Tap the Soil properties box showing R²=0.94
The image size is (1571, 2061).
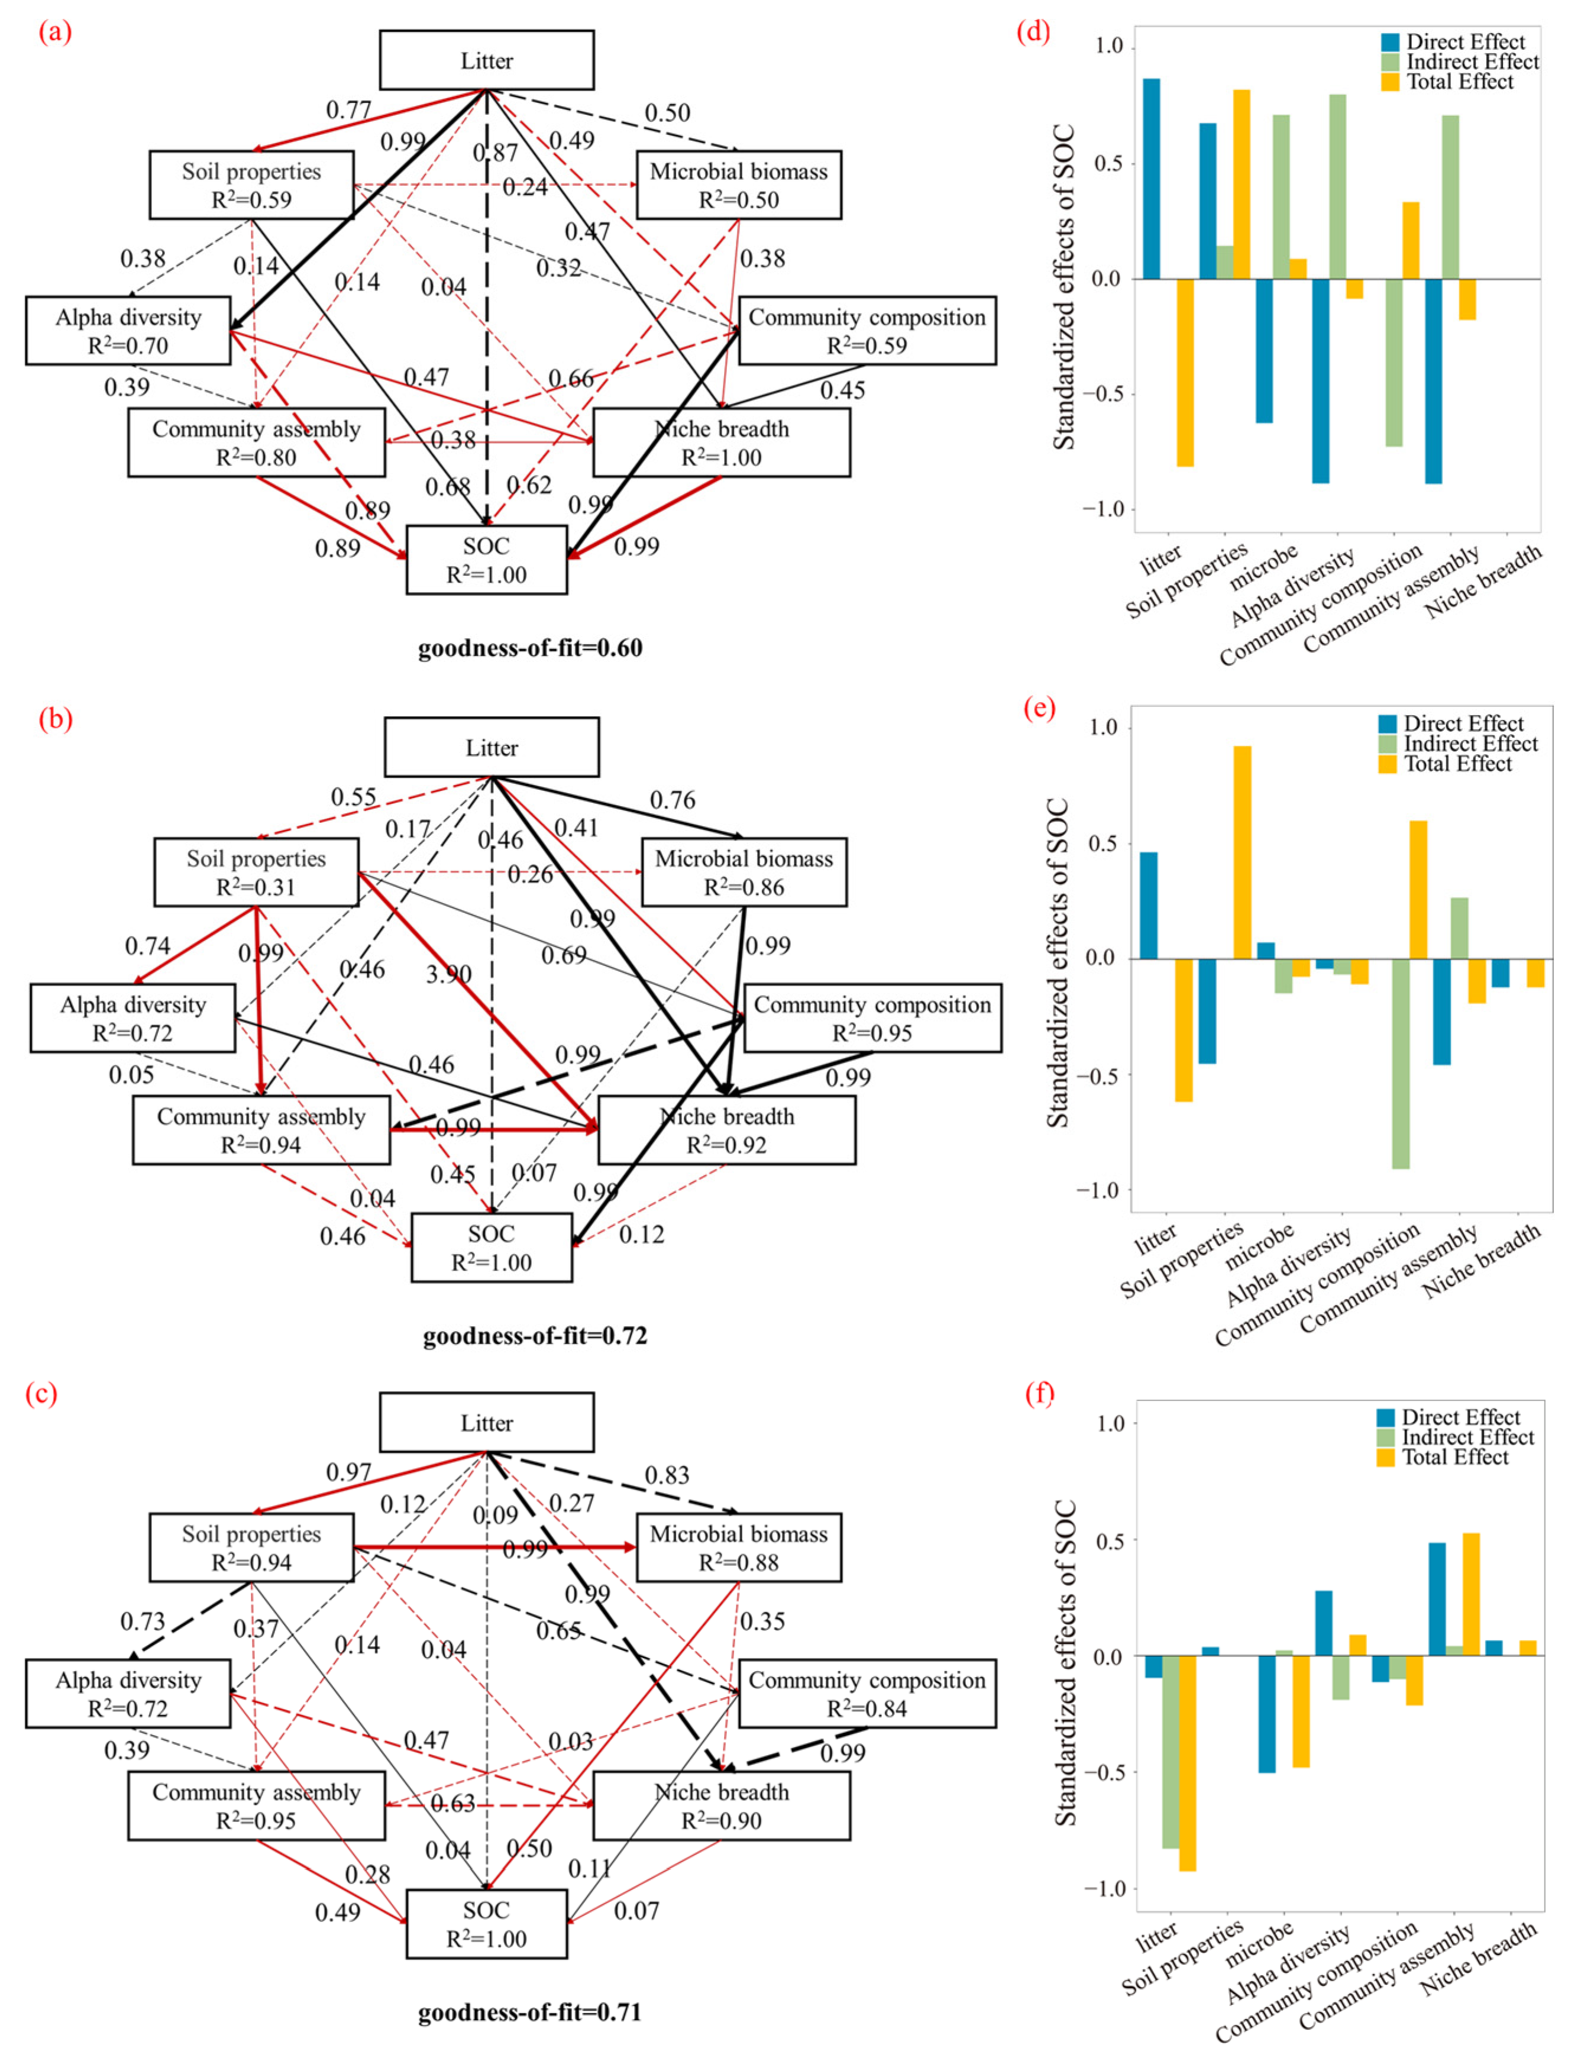pos(251,1548)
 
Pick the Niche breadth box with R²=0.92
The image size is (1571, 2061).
pos(726,1130)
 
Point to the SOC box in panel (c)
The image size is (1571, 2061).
pos(486,1924)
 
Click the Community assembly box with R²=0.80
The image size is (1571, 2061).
pos(256,442)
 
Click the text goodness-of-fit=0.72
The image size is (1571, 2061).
pos(535,1335)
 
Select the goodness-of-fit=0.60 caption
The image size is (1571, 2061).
pos(530,648)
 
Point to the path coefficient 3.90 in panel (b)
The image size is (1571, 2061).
pos(449,974)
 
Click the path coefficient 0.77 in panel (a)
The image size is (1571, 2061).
pos(349,111)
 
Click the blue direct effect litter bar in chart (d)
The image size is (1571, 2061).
pos(1151,179)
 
